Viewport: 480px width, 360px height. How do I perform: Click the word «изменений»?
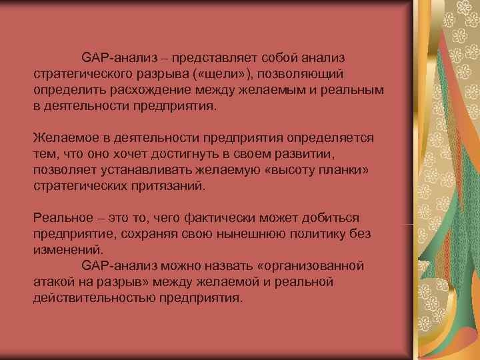coord(67,249)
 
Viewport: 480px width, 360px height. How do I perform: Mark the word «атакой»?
coord(54,281)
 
